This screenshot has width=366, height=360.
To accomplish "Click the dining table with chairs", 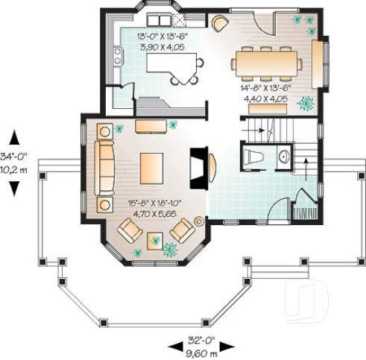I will pyautogui.click(x=266, y=62).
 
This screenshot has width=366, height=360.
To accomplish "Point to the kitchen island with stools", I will pyautogui.click(x=173, y=67).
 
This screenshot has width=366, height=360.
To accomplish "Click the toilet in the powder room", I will pyautogui.click(x=253, y=157).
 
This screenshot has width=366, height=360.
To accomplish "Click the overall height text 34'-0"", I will pyautogui.click(x=13, y=157).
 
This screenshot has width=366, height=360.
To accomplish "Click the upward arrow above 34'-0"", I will pyautogui.click(x=13, y=138).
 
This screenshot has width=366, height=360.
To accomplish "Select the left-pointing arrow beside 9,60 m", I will pyautogui.click(x=174, y=346).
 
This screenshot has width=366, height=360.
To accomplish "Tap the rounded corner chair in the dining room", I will pyautogui.click(x=219, y=23).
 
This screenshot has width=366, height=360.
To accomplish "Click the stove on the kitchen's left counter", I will pyautogui.click(x=117, y=55).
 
